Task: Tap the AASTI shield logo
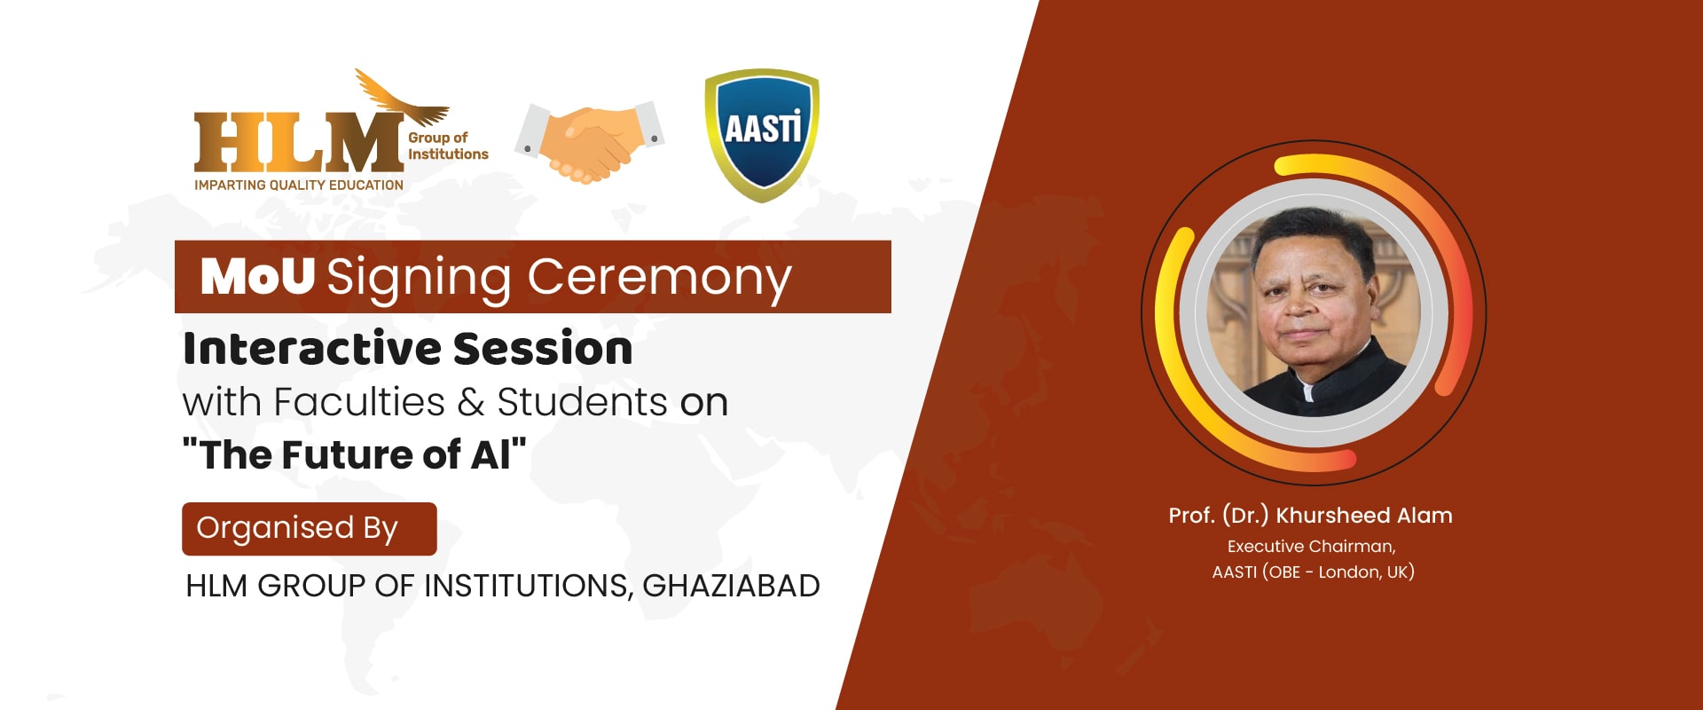(x=762, y=135)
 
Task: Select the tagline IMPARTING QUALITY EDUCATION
(x=299, y=185)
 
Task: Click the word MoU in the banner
(x=257, y=276)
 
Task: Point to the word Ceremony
(x=659, y=280)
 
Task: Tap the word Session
(x=543, y=348)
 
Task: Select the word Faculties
(x=358, y=402)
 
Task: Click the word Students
(x=582, y=402)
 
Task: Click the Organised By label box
(x=310, y=529)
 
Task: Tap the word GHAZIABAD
(x=731, y=586)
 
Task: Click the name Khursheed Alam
(x=1364, y=516)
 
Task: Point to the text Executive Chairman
(x=1311, y=547)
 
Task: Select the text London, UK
(x=1367, y=572)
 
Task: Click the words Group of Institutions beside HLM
(x=448, y=146)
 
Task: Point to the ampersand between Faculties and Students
(x=471, y=403)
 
